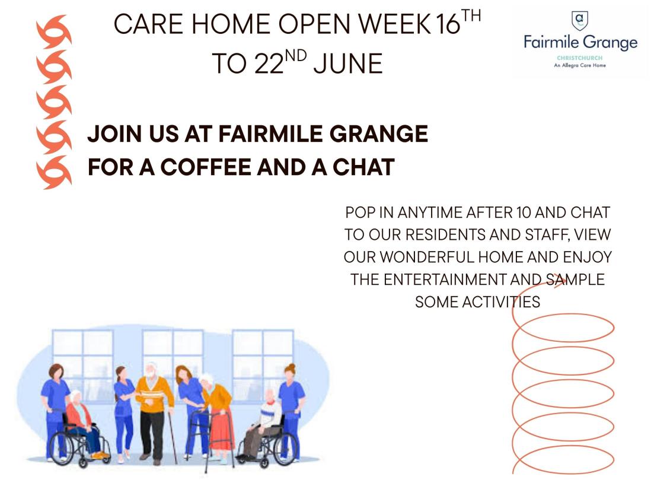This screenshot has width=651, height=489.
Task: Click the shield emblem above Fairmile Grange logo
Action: tap(580, 21)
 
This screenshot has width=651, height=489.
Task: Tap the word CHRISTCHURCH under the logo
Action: tap(580, 58)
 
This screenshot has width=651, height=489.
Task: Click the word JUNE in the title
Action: tap(347, 64)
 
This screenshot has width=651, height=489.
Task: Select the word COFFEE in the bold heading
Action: tap(206, 167)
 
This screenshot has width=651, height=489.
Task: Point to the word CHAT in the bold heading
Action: tap(363, 167)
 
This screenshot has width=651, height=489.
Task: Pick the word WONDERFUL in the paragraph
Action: tap(427, 257)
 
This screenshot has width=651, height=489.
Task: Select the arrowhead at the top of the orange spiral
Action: tap(561, 281)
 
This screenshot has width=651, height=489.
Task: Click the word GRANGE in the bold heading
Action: tap(379, 134)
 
